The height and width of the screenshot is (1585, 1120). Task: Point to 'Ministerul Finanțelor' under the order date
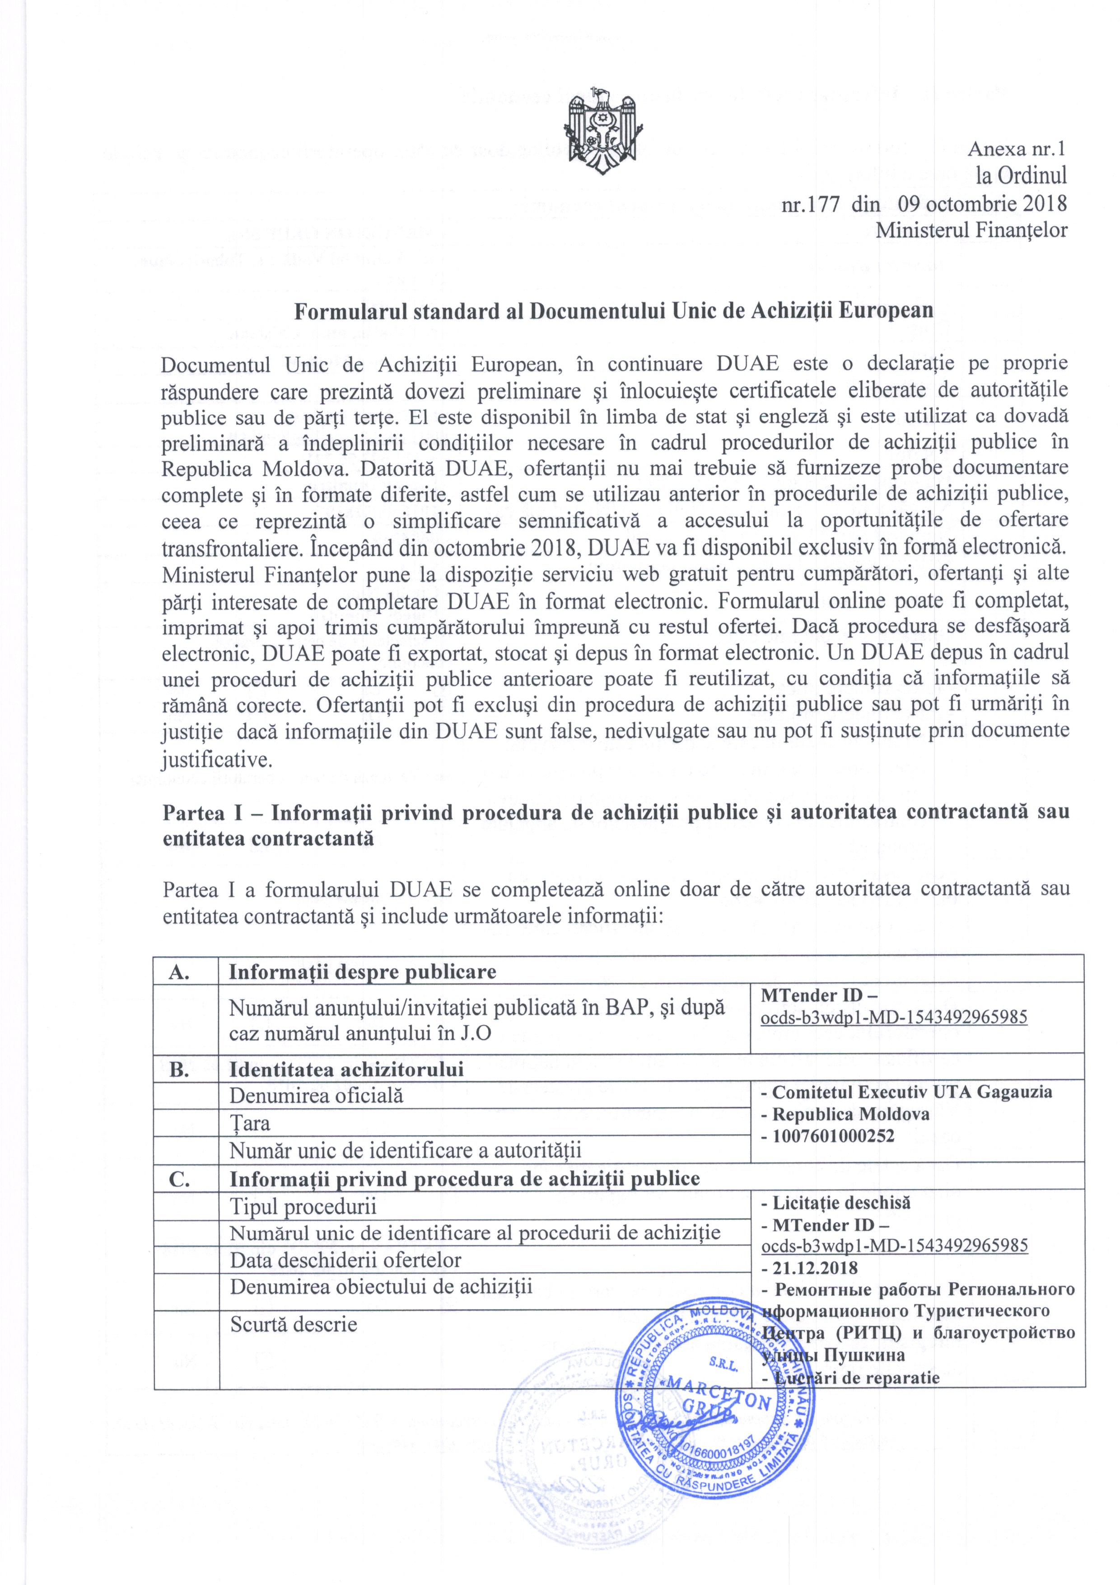pyautogui.click(x=971, y=230)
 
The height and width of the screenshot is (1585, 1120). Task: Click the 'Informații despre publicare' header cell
pyautogui.click(x=362, y=971)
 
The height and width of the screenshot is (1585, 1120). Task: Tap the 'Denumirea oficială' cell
pyautogui.click(x=316, y=1096)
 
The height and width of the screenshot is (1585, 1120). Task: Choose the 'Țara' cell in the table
pyautogui.click(x=249, y=1123)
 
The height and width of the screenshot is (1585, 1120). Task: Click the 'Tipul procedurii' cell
pyautogui.click(x=303, y=1206)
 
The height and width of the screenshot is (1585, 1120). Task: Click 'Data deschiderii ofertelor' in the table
pyautogui.click(x=345, y=1260)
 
